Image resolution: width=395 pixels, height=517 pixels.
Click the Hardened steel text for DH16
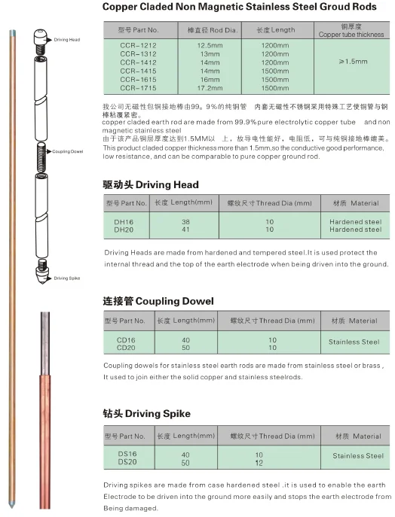point(356,222)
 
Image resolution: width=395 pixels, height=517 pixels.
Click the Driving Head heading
point(151,184)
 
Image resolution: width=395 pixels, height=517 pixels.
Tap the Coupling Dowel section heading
point(158,301)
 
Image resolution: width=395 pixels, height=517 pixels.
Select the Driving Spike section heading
point(146,413)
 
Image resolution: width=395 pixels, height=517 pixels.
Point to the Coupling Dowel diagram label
point(68,151)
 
